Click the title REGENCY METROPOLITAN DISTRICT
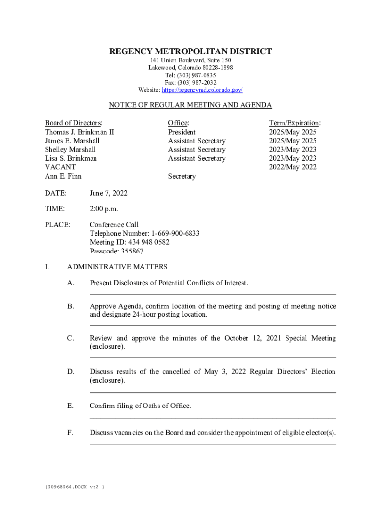tap(190, 51)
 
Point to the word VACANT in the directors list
tap(60, 167)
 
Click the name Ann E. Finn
tap(63, 176)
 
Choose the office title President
tap(182, 132)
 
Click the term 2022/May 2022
tap(292, 167)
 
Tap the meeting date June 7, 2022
tap(108, 193)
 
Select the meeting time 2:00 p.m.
tap(104, 209)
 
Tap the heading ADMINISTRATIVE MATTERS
tap(117, 267)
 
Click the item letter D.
tap(71, 372)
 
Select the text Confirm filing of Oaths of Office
tap(140, 406)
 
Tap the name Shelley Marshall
tap(70, 150)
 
